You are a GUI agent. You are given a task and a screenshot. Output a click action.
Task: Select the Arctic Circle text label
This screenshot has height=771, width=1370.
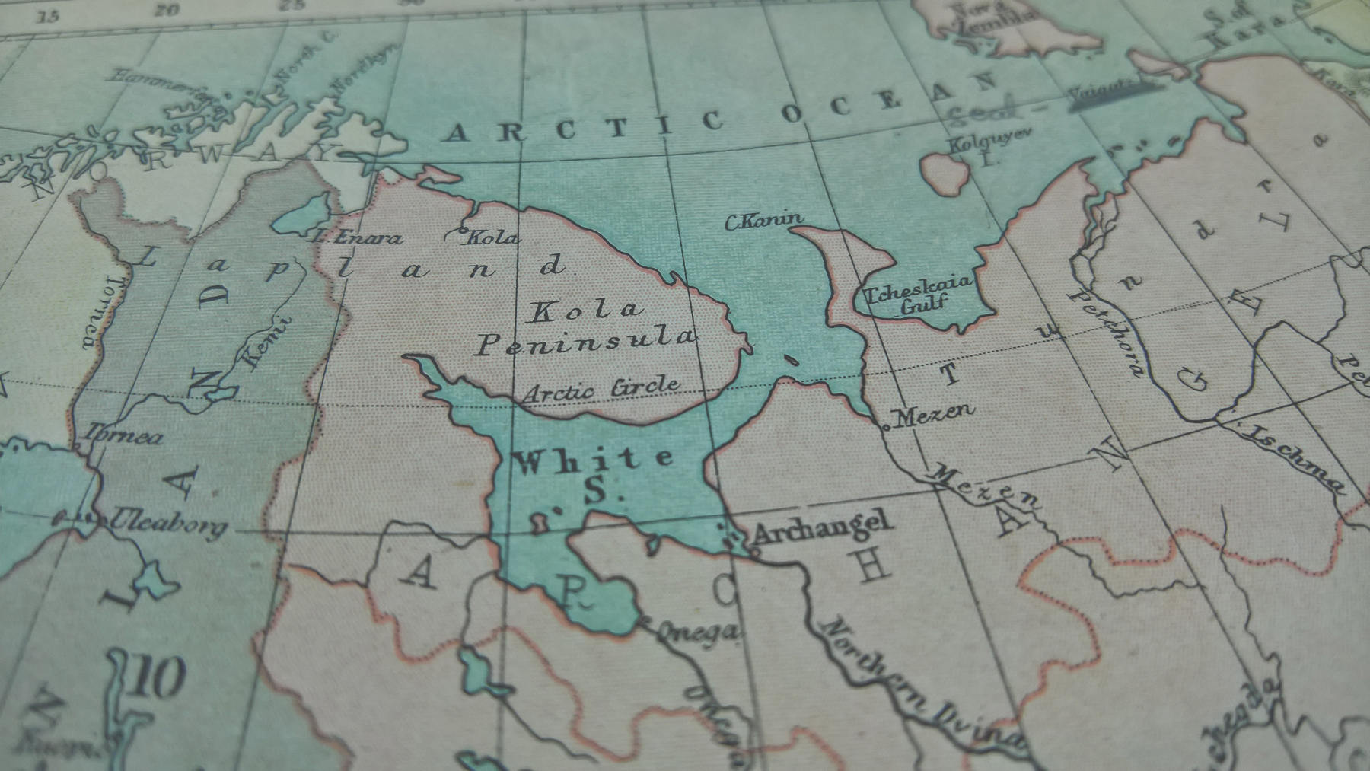click(601, 389)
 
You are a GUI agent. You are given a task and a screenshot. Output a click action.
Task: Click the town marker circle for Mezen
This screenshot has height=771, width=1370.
click(886, 428)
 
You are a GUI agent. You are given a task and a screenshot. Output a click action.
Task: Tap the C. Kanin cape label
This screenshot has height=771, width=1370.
click(763, 221)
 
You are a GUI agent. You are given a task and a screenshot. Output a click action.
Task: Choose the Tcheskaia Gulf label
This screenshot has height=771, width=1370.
click(918, 293)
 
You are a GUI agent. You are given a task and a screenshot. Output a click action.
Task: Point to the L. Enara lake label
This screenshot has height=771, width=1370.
click(358, 237)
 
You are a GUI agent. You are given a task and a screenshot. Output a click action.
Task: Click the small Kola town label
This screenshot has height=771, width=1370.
click(491, 237)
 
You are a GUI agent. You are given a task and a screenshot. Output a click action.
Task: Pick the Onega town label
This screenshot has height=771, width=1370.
click(697, 631)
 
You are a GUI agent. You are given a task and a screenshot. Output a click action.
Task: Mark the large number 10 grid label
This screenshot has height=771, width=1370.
click(158, 677)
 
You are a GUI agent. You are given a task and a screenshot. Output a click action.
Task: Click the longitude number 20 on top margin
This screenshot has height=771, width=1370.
click(167, 10)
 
